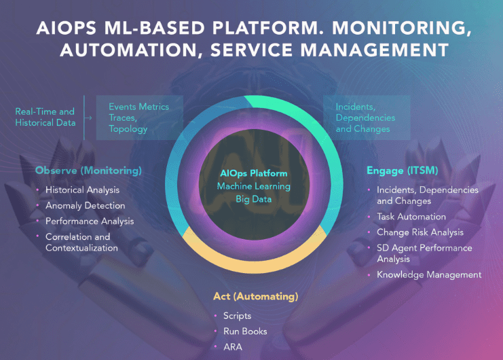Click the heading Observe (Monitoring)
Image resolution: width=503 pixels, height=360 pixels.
point(88,170)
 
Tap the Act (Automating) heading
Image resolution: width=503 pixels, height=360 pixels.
point(256,296)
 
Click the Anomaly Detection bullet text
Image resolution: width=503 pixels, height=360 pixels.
point(86,205)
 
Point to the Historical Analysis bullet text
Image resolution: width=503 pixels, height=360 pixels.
point(82,190)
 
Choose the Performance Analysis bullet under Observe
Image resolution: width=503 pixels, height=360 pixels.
point(90,221)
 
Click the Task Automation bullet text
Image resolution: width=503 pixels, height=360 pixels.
point(411,217)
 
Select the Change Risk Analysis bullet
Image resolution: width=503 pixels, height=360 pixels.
point(420,232)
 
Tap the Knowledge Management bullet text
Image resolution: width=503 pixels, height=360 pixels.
point(429,274)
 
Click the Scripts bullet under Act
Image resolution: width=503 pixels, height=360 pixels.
point(237,316)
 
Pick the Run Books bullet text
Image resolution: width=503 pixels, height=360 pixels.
point(245,331)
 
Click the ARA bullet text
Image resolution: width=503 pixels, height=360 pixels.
point(233,347)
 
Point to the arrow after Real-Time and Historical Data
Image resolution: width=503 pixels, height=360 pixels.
point(90,118)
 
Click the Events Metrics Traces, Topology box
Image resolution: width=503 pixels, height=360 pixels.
point(138,118)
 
